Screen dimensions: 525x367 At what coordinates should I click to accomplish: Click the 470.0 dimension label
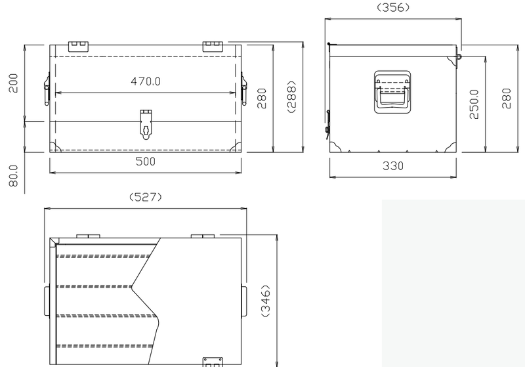coord(145,81)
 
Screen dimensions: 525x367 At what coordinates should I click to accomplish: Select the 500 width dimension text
coord(145,162)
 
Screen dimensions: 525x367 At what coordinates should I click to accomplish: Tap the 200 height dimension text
coord(13,83)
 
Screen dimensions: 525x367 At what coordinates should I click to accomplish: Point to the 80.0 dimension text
coord(13,175)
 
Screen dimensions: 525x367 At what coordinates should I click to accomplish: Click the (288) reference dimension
coord(292,97)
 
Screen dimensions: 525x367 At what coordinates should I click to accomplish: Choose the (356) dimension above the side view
coord(393,7)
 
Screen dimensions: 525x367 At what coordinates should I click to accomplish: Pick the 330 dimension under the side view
coord(393,165)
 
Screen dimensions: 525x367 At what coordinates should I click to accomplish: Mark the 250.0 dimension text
coord(474,104)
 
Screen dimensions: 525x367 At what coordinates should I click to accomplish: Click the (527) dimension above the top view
coord(145,197)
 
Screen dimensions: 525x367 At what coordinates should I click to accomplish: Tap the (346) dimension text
coord(265,301)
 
